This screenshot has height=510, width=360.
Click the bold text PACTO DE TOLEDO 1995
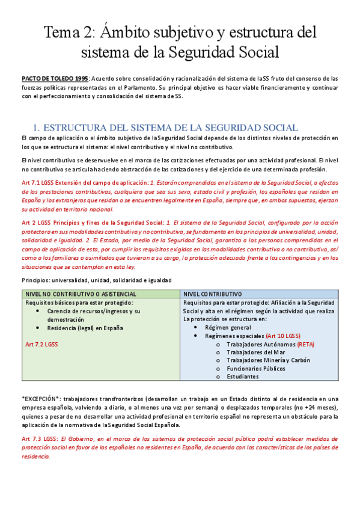(56, 78)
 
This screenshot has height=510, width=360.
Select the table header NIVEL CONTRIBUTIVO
(212, 293)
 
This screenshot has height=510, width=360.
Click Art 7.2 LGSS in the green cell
(41, 345)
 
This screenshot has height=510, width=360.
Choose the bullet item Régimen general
(228, 327)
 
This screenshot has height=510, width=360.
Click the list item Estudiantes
(242, 376)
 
